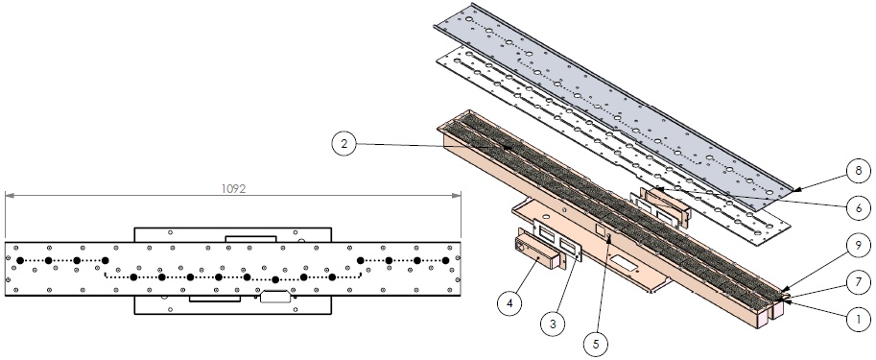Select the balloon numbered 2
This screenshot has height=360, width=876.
click(x=344, y=144)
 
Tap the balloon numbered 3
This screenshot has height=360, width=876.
click(x=553, y=324)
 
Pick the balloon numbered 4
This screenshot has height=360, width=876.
click(x=509, y=303)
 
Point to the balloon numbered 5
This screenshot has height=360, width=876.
click(x=596, y=344)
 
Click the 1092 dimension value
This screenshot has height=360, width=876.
click(x=233, y=188)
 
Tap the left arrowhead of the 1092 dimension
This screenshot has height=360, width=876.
click(x=10, y=195)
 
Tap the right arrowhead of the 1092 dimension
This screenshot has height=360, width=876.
click(x=457, y=195)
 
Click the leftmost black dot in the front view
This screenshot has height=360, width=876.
click(x=20, y=260)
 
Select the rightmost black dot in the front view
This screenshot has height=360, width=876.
click(x=445, y=260)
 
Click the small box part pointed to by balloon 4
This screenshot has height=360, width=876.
click(x=537, y=252)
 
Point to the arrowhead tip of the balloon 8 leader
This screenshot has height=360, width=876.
click(x=793, y=191)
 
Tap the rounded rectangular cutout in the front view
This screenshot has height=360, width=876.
click(x=275, y=297)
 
